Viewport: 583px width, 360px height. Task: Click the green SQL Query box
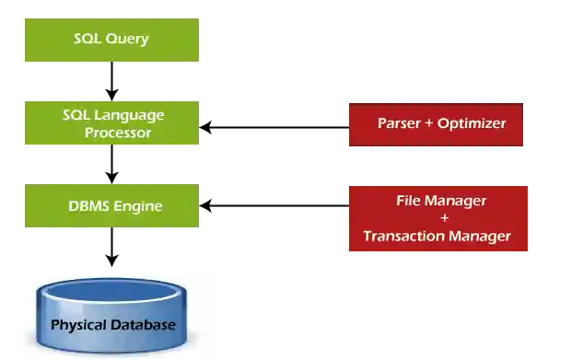pos(111,41)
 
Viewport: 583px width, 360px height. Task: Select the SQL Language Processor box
pos(111,123)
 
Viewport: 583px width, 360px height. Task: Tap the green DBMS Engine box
pos(111,206)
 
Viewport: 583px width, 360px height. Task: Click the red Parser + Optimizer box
pos(435,124)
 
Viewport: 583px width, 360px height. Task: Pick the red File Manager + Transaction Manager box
pos(437,219)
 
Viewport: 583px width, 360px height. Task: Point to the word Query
pos(128,40)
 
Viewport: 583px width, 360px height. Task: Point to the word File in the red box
pos(410,200)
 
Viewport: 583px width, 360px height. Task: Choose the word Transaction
pos(403,237)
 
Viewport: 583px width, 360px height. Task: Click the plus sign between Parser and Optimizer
pos(429,123)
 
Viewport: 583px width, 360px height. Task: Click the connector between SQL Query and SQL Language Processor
pos(111,81)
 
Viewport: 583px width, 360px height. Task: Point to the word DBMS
pos(89,206)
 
